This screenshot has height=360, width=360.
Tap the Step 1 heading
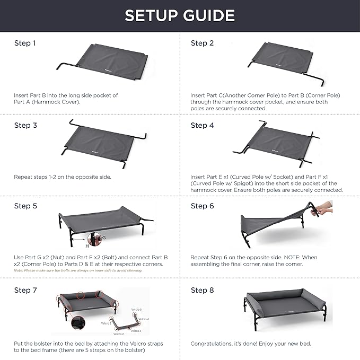(x=25, y=43)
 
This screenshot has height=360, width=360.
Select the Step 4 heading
(x=203, y=126)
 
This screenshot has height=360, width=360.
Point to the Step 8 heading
(x=203, y=290)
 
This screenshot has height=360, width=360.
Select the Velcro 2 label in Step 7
(x=119, y=334)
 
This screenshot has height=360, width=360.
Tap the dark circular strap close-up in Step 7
(x=77, y=323)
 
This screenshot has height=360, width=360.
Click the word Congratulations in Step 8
(x=212, y=344)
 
